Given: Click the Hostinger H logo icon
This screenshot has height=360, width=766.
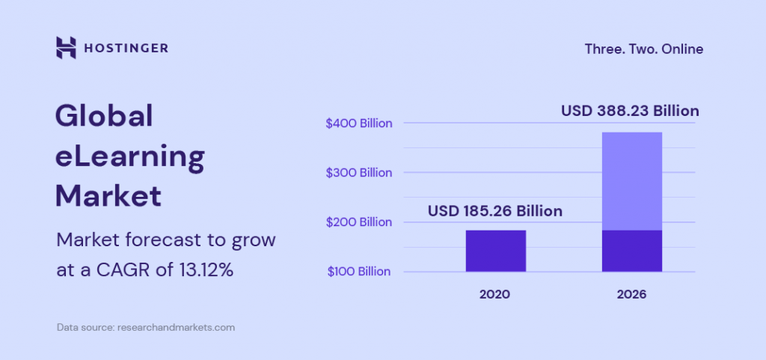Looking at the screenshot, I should pyautogui.click(x=66, y=48).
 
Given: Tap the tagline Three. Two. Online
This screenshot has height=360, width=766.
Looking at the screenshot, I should pyautogui.click(x=643, y=49).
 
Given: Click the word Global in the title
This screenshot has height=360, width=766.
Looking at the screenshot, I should pyautogui.click(x=104, y=116).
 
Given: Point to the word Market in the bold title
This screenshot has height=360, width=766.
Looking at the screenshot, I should pyautogui.click(x=108, y=195).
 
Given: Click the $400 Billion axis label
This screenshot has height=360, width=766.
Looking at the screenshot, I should pyautogui.click(x=359, y=123).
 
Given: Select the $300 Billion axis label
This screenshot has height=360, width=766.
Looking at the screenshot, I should pyautogui.click(x=359, y=173).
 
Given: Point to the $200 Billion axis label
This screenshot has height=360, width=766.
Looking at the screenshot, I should pyautogui.click(x=359, y=222).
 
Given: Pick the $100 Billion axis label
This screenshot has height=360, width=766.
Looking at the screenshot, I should pyautogui.click(x=359, y=272).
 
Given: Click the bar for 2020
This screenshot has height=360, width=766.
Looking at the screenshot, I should pyautogui.click(x=495, y=251).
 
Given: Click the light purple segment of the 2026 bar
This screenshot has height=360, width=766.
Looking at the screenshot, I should pyautogui.click(x=631, y=181).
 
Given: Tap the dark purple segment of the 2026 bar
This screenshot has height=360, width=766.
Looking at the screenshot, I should pyautogui.click(x=631, y=251).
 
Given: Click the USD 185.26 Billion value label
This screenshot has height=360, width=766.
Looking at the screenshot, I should pyautogui.click(x=494, y=211).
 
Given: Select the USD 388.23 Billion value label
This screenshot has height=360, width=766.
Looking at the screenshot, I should pyautogui.click(x=630, y=111).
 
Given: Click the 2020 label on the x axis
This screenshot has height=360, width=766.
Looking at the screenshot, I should pyautogui.click(x=494, y=294).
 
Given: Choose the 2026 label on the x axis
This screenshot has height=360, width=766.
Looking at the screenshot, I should pyautogui.click(x=631, y=294).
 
